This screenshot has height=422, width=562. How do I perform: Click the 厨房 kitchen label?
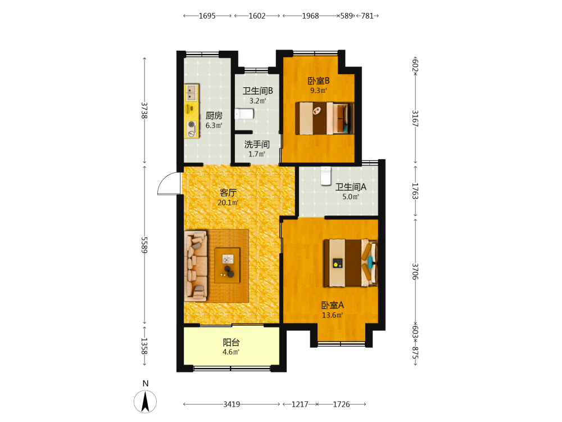point(214,115)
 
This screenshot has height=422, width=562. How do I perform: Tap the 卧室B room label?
point(319,80)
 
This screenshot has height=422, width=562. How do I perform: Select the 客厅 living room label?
point(228,192)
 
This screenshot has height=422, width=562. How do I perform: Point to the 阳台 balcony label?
point(231,342)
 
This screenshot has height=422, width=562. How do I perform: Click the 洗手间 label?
point(257,144)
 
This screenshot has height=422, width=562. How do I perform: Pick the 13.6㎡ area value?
point(332,315)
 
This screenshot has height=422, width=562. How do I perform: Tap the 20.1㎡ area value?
point(228,203)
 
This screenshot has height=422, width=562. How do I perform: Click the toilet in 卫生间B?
point(244,114)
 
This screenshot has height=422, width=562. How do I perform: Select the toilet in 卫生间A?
point(326,176)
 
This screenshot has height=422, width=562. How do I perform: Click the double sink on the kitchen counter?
point(191,93)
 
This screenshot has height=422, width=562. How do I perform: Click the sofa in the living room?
point(196,266)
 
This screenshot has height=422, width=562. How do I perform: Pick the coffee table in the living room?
point(227,266)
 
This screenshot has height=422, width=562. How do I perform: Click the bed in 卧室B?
point(324,118)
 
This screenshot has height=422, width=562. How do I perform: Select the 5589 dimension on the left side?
point(144,245)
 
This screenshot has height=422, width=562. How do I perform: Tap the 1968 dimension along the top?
point(310,16)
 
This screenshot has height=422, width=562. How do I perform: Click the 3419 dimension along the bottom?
point(232,405)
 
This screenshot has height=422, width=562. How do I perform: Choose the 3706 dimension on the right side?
point(415,272)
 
